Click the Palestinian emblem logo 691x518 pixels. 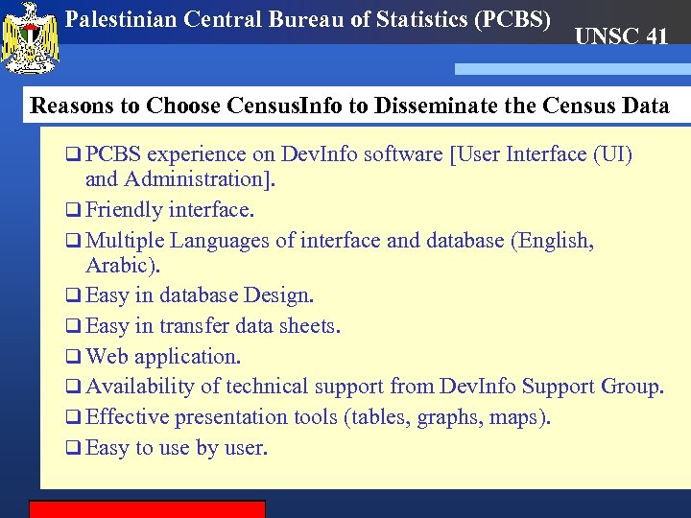point(32,38)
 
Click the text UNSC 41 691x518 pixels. point(621,37)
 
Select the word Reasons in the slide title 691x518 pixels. point(73,106)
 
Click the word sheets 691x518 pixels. point(306,326)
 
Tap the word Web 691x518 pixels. point(107,356)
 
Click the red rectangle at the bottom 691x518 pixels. point(147,508)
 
